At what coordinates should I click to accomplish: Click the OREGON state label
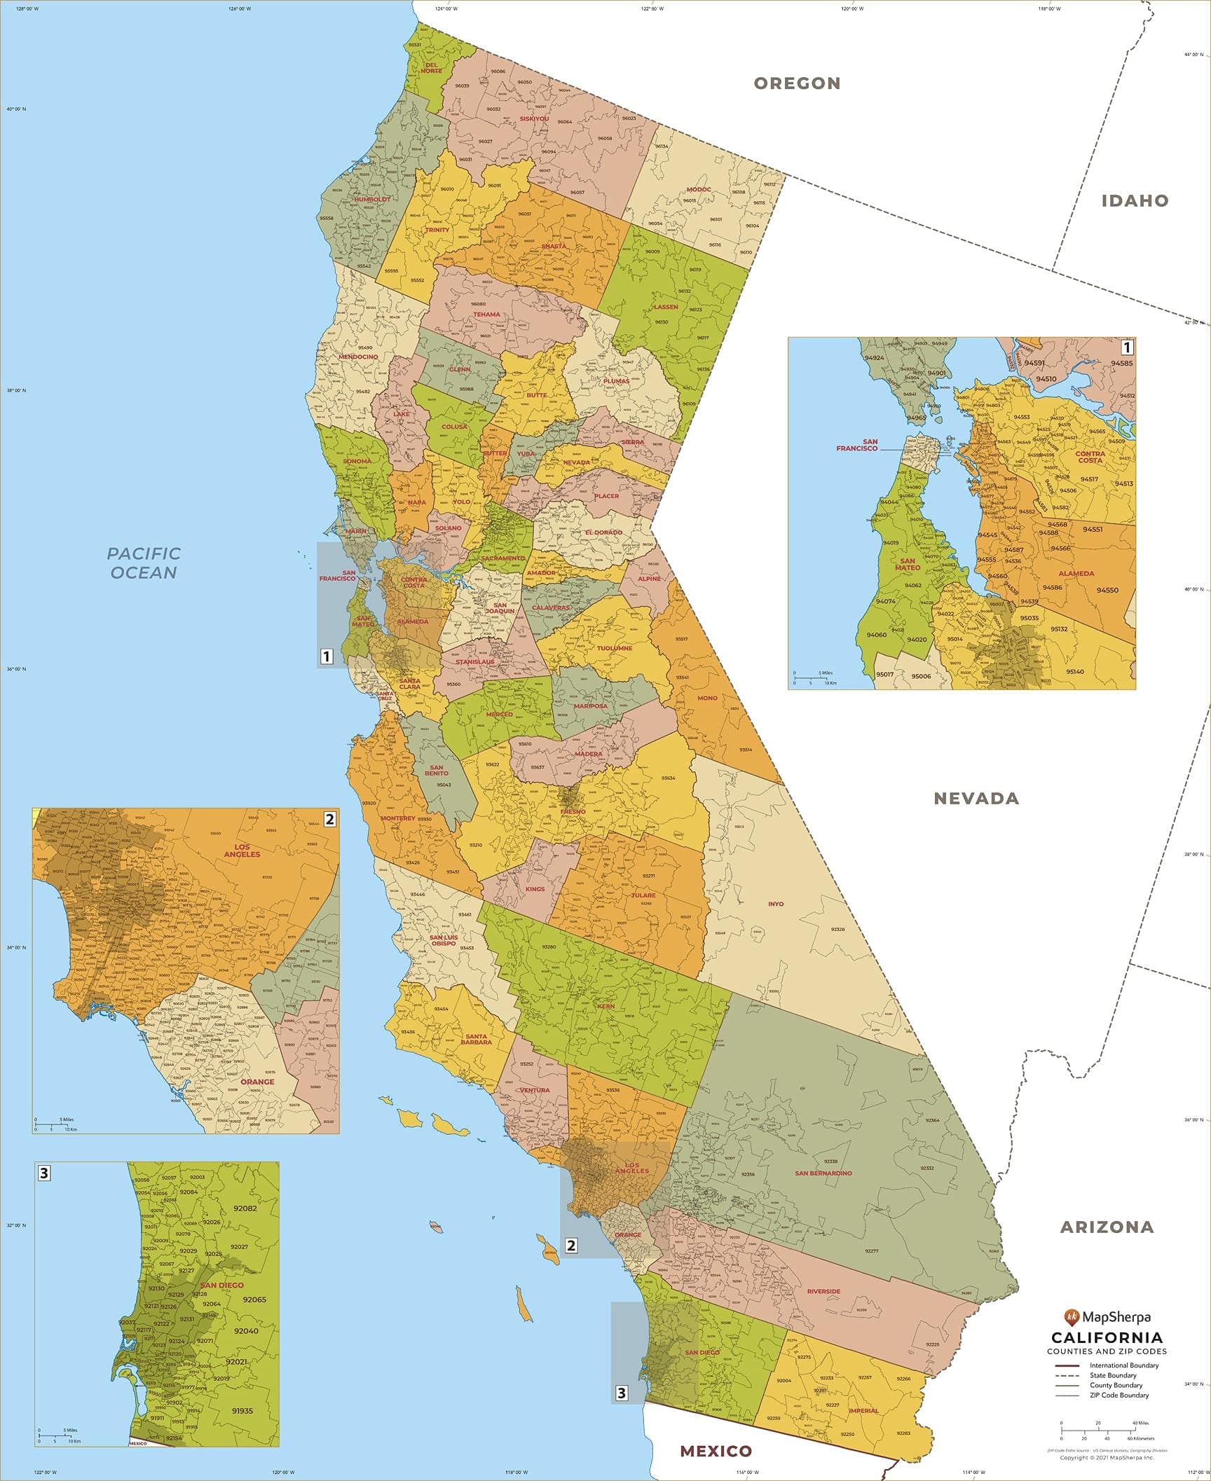coord(797,83)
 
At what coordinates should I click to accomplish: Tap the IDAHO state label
coord(1135,201)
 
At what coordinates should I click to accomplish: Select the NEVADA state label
coord(976,798)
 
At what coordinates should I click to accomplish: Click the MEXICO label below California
coord(716,1451)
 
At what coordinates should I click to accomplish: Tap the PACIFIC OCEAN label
coord(144,563)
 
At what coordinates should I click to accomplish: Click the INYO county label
coord(775,904)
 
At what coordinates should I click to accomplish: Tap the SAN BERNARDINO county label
coord(823,1173)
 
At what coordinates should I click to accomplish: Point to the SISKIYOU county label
coord(534,118)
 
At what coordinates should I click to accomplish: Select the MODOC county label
coord(698,189)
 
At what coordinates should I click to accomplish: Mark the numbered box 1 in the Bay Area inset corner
coord(1127,347)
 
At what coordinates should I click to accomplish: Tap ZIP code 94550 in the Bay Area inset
coord(1107,590)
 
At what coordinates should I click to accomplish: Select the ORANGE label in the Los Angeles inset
coord(257,1082)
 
